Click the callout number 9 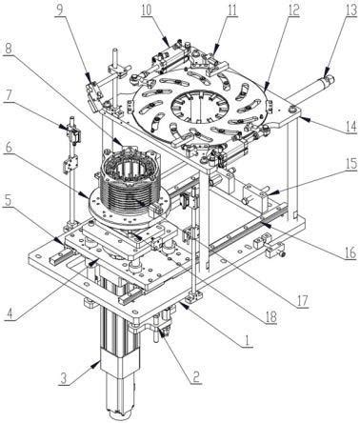pyautogui.click(x=60, y=9)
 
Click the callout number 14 pyautogui.click(x=350, y=127)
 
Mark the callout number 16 pyautogui.click(x=350, y=252)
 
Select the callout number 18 pyautogui.click(x=270, y=316)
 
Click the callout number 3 pyautogui.click(x=64, y=378)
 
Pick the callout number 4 pyautogui.click(x=10, y=313)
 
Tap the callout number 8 pyautogui.click(x=8, y=49)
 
